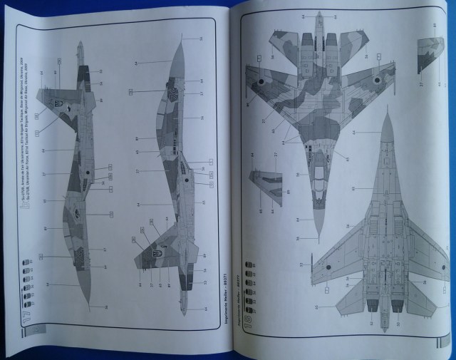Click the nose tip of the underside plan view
(385, 115)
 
